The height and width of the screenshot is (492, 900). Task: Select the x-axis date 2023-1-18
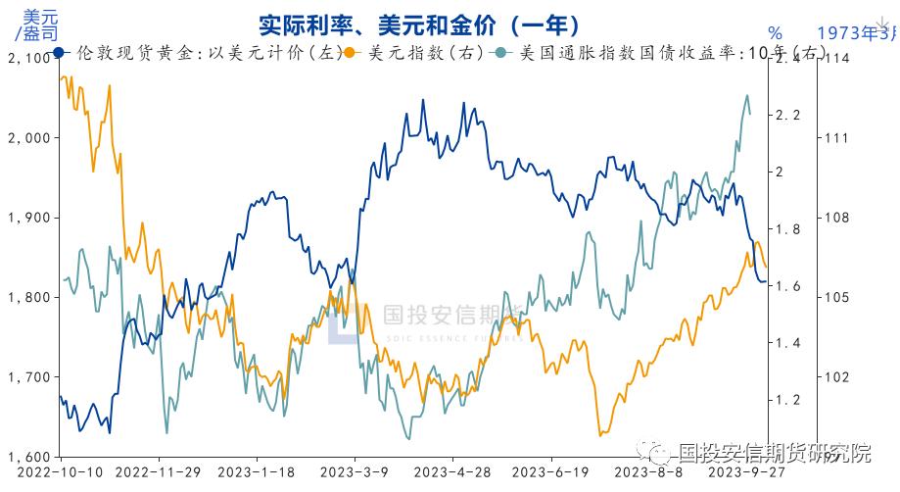[x=257, y=471]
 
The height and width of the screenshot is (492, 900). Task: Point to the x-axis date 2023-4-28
[x=452, y=471]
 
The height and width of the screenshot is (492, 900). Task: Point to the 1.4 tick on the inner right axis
[x=788, y=343]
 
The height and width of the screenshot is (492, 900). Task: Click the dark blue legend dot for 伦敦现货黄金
[x=59, y=53]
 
